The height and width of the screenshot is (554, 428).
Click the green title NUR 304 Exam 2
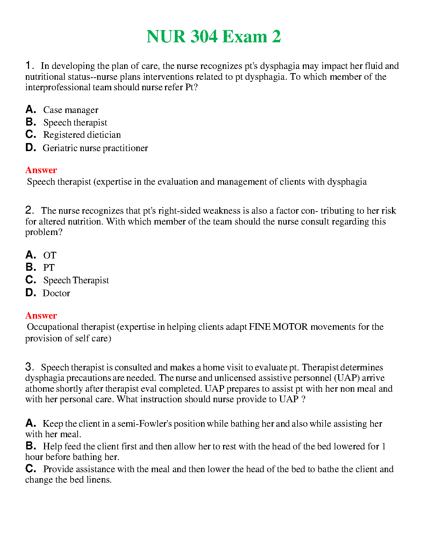pos(214,37)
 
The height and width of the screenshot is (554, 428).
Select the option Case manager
pos(71,110)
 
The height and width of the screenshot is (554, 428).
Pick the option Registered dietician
pos(82,135)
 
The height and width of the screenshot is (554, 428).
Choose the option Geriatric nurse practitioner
pos(95,148)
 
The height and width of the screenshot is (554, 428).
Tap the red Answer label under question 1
pos(41,170)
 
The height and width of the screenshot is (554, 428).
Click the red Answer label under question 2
pos(41,316)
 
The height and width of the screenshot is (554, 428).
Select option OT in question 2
pos(50,255)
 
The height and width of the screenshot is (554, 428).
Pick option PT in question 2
pos(49,268)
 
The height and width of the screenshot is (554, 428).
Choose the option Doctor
pos(56,293)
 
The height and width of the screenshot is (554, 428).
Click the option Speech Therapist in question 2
pos(76,280)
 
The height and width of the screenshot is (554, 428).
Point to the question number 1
pos(29,65)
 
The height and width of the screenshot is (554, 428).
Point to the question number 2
pos(29,210)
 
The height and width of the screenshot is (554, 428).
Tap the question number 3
pos(29,367)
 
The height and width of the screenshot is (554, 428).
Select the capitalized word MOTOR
pos(290,327)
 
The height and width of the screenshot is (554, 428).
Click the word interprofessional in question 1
pos(58,87)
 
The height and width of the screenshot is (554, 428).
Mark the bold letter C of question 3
pos(30,469)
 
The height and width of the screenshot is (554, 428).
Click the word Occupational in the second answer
pos(53,327)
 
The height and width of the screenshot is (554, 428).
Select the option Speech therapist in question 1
pos(75,123)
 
